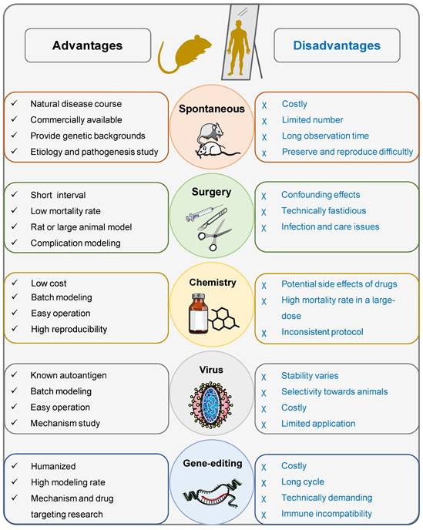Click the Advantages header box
pyautogui.click(x=88, y=45)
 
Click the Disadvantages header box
pyautogui.click(x=337, y=45)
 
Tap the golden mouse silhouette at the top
pyautogui.click(x=184, y=54)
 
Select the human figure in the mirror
pyautogui.click(x=239, y=47)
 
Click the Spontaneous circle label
pyautogui.click(x=212, y=109)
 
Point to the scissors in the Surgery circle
pyautogui.click(x=214, y=235)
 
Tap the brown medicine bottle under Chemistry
pyautogui.click(x=199, y=314)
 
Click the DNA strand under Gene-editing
pyautogui.click(x=213, y=492)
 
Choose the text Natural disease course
pyautogui.click(x=76, y=104)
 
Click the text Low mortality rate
pyautogui.click(x=65, y=211)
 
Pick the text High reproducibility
pyautogui.click(x=69, y=329)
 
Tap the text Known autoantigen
pyautogui.click(x=69, y=375)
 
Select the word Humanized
pyautogui.click(x=53, y=466)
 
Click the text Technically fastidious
pyautogui.click(x=324, y=211)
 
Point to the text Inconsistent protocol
pyautogui.click(x=322, y=332)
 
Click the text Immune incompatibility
pyautogui.click(x=326, y=514)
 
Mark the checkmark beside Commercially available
pyautogui.click(x=14, y=119)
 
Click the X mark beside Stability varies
pyautogui.click(x=264, y=377)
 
